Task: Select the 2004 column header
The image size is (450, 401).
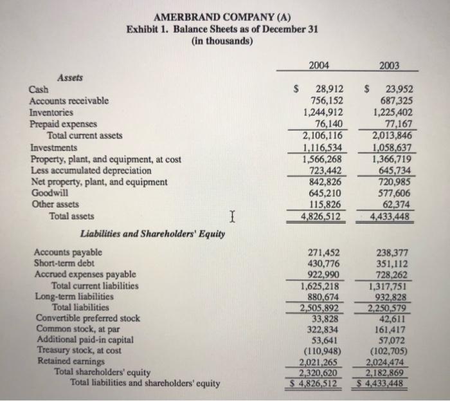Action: pos(320,64)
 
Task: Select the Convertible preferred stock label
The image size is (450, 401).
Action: pos(85,318)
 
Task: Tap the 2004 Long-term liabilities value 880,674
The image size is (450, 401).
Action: pos(325,297)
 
